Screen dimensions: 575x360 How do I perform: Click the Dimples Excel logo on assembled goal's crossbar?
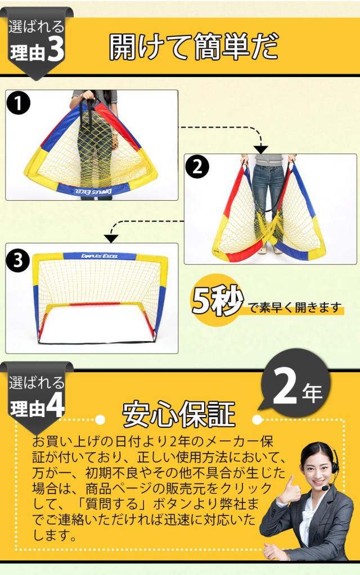[x=100, y=256]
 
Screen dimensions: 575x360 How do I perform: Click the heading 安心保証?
[x=178, y=415]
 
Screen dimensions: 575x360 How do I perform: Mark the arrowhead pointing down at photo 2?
[x=260, y=149]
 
